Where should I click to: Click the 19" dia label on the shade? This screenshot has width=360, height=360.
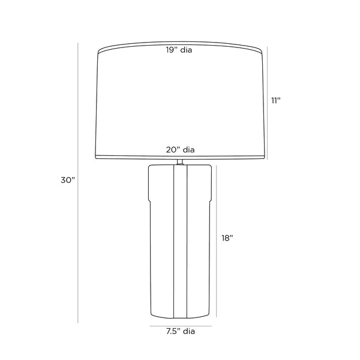[179, 50]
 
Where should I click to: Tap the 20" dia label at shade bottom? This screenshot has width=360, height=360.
[180, 150]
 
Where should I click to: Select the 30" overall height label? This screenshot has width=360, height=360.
[68, 180]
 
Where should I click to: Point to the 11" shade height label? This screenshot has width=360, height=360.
[276, 101]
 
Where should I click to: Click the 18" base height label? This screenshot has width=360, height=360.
[227, 238]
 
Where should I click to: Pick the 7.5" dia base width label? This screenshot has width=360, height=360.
[181, 331]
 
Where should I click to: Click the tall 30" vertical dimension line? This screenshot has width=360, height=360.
[78, 183]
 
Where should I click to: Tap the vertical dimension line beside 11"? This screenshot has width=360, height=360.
[267, 103]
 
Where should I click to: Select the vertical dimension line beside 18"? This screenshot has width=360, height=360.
[216, 241]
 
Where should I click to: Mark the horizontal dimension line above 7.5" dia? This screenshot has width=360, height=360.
[181, 326]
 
